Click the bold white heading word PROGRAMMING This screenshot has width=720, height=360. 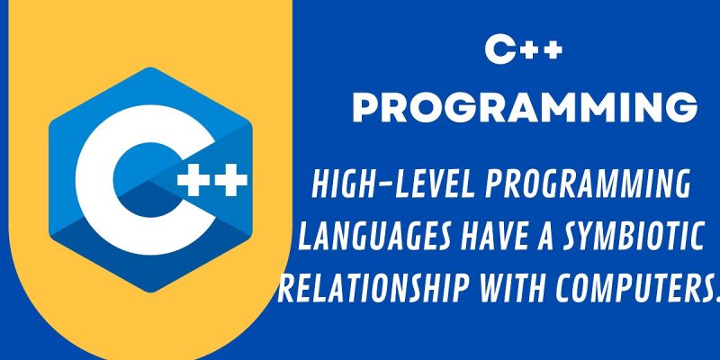pos(525,108)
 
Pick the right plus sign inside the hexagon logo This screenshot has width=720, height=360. pos(230,179)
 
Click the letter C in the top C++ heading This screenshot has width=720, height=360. pos(499,50)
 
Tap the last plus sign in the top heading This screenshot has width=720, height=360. pos(552,50)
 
